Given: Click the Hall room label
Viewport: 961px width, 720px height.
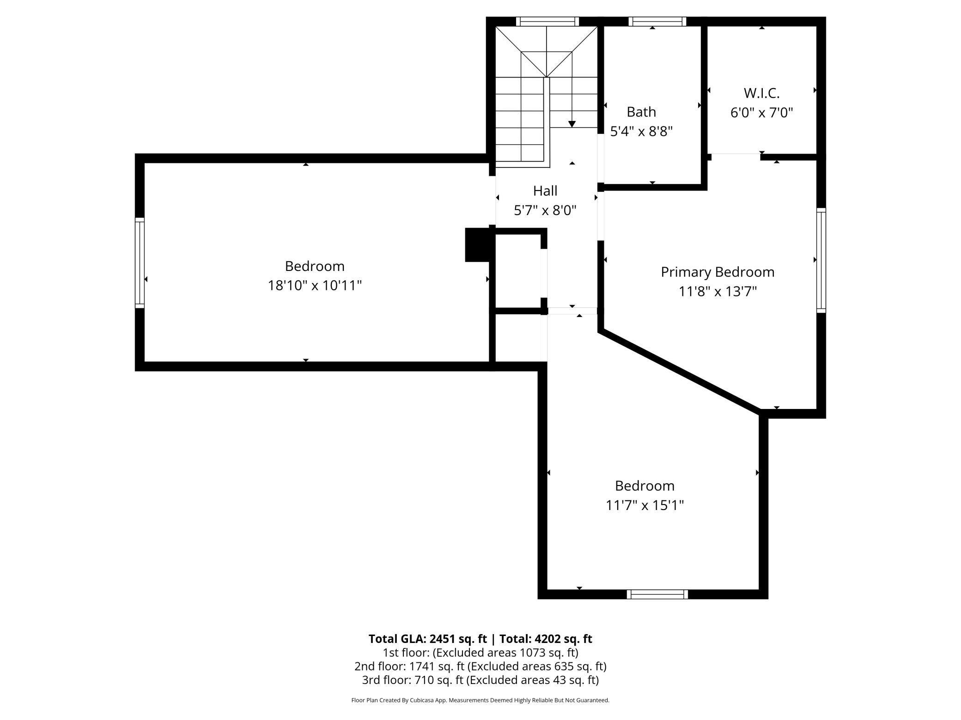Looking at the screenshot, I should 545,191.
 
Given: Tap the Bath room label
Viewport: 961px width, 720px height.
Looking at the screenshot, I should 641,112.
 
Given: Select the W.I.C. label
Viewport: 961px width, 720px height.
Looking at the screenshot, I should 761,93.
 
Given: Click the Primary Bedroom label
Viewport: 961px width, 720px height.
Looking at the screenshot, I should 718,272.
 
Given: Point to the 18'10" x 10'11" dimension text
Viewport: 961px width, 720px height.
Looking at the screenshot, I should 315,286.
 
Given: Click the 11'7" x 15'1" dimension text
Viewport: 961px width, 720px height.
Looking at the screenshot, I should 645,505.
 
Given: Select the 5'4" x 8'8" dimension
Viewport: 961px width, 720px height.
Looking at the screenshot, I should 641,132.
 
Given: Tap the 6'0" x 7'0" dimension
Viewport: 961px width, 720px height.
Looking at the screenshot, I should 761,113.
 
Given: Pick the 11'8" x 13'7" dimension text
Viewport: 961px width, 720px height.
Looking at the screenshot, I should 718,292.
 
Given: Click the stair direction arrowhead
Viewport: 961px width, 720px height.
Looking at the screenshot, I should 572,124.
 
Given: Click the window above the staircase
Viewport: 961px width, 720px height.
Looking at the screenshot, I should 547,21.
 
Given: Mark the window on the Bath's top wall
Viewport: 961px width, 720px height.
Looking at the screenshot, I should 657,21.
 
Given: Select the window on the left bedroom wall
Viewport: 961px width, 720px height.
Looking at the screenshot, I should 140,263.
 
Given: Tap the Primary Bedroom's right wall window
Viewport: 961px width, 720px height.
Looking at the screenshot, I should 821,260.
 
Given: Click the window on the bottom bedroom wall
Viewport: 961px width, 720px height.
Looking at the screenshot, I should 657,594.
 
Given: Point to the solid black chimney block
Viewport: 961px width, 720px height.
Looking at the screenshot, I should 477,245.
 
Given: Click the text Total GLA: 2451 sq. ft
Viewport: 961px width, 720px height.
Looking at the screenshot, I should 427,639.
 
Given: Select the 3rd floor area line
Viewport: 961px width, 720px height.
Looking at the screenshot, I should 480,680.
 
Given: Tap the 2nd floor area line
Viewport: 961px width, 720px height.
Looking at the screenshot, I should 480,666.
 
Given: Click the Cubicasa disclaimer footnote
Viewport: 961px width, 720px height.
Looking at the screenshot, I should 480,700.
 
